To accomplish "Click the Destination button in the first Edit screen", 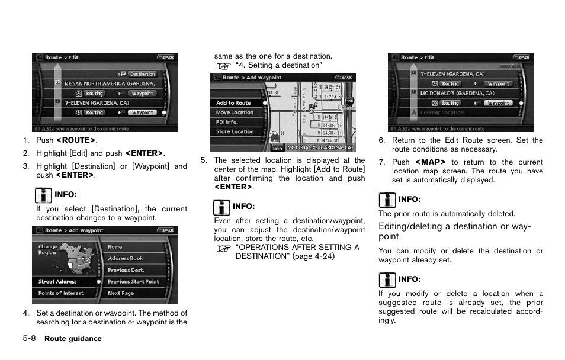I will point(142,74).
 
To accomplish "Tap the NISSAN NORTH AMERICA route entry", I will point(109,83).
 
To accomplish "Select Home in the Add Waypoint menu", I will point(115,247).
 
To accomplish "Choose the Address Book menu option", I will point(125,258).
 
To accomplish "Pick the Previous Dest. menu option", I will point(126,270).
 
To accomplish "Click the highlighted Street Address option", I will point(57,282).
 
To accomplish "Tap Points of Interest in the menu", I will point(60,293).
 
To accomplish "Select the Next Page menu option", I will point(120,293).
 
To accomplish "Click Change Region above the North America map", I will point(47,249).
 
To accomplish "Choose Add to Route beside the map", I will point(233,103).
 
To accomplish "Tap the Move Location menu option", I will point(235,112).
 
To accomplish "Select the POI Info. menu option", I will point(227,122).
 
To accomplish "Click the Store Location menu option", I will point(235,131).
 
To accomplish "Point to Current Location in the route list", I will point(442,112).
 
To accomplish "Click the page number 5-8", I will point(30,339).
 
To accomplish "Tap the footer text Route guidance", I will point(73,339).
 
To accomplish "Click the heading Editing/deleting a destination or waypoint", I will point(454,231).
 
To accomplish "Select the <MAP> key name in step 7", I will point(430,162).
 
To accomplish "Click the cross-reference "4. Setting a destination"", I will point(278,65).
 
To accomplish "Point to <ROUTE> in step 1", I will point(75,140).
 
